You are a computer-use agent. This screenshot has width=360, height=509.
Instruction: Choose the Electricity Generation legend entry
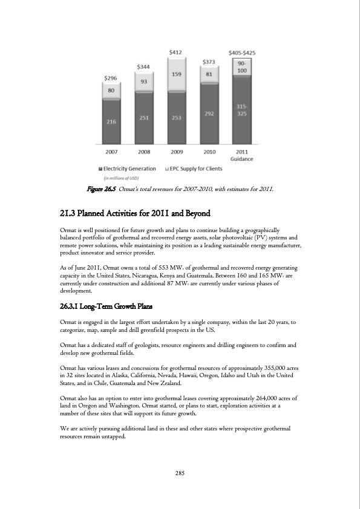[x=128, y=169]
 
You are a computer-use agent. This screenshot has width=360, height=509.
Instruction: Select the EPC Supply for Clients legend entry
[x=198, y=169]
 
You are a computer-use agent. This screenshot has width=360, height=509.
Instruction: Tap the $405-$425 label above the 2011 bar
[x=241, y=53]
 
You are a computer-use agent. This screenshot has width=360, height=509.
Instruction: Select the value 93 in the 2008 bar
[x=144, y=81]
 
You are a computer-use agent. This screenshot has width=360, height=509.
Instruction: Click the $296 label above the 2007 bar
[x=111, y=78]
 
